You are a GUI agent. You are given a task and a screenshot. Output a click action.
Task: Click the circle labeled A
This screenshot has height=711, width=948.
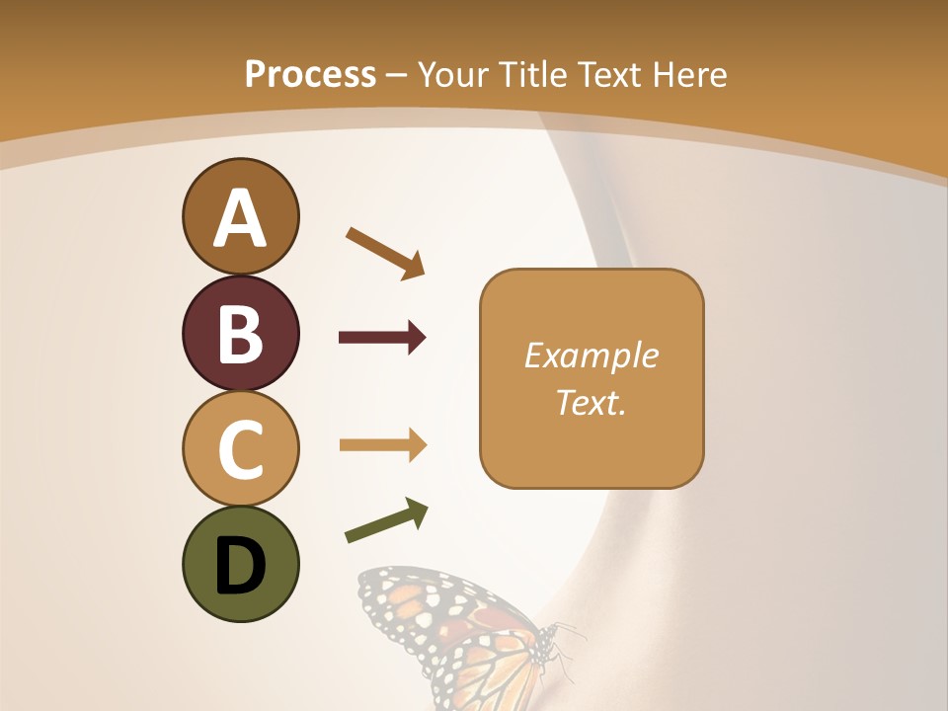[240, 216]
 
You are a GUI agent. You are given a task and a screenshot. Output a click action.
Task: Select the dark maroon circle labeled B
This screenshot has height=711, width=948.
[240, 333]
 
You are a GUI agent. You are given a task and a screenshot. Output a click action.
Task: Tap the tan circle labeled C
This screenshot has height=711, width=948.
[240, 448]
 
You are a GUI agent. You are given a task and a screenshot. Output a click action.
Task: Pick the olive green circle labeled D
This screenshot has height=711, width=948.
[240, 564]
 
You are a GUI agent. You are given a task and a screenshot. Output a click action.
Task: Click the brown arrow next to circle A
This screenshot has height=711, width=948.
[386, 253]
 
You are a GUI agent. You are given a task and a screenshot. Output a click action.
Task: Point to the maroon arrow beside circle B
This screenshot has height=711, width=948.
[382, 338]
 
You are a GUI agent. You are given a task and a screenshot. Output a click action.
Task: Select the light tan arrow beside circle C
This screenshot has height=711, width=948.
[382, 445]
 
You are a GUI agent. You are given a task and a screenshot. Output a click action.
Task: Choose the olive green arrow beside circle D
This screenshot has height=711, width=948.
[386, 520]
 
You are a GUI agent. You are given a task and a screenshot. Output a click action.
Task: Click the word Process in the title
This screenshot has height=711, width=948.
[310, 75]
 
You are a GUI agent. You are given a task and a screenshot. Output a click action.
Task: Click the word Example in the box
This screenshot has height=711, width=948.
[592, 355]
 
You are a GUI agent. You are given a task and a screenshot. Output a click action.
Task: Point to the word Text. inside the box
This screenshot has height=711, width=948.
[592, 402]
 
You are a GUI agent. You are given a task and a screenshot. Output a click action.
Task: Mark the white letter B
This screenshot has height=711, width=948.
[240, 333]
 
